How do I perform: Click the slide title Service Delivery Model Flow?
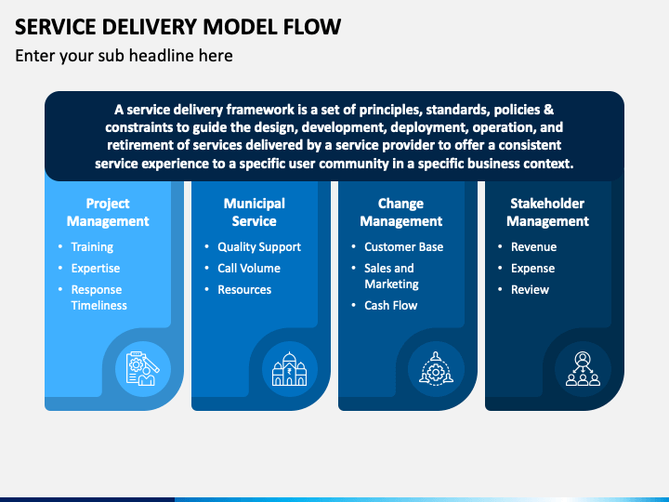[x=177, y=27]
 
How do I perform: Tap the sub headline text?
[x=124, y=56]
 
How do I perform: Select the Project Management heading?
[x=108, y=212]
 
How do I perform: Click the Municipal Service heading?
[x=255, y=212]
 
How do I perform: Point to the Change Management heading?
[x=401, y=212]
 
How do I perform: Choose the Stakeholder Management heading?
[x=547, y=212]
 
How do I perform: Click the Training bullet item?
[x=92, y=247]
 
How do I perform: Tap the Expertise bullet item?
[x=96, y=269]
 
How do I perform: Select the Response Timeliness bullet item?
[x=99, y=297]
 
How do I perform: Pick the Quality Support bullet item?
[x=259, y=247]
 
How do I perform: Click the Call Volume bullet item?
[x=249, y=268]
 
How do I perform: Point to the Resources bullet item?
[x=244, y=289]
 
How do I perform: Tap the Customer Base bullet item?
[x=403, y=246]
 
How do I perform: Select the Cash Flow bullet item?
[x=391, y=305]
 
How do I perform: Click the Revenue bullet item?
[x=533, y=246]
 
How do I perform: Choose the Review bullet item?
[x=530, y=289]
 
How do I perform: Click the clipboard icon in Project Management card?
[x=143, y=369]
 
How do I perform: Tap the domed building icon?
[x=290, y=369]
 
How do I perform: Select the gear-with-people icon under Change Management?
[x=436, y=369]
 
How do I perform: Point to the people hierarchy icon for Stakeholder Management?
[x=583, y=369]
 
